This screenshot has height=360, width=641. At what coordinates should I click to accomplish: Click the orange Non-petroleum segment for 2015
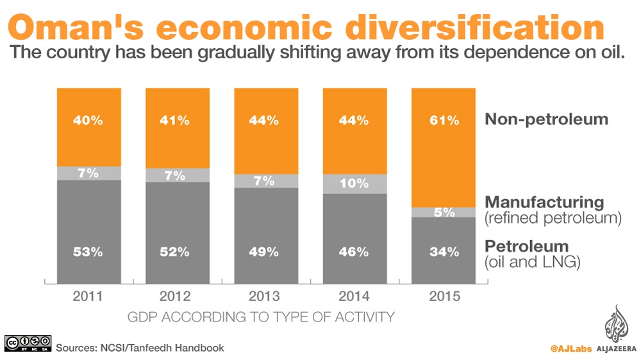click(444, 147)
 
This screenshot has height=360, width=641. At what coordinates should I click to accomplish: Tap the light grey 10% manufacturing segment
click(354, 184)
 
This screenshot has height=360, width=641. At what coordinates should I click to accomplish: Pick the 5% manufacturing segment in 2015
click(444, 212)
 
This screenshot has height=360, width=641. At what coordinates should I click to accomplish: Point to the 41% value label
click(175, 120)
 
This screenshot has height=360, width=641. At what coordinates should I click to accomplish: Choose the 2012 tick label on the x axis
click(175, 297)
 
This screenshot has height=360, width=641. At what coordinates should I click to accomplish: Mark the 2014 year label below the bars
click(354, 297)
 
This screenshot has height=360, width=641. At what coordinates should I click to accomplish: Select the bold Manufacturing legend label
click(544, 202)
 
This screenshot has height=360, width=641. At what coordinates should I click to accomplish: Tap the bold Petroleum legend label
click(526, 246)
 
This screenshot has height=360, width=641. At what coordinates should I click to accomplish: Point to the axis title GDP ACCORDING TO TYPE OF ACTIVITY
click(261, 316)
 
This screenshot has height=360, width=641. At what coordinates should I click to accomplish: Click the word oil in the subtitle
click(612, 54)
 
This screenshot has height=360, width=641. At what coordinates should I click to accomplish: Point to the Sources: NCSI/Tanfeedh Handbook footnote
click(140, 348)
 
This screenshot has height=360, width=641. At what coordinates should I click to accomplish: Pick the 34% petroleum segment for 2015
click(444, 252)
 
